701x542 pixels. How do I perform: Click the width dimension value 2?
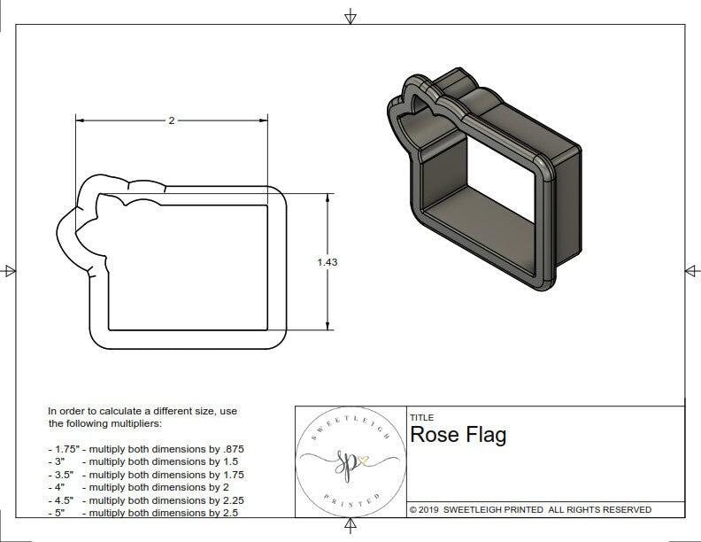pyautogui.click(x=171, y=120)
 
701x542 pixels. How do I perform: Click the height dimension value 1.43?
pyautogui.click(x=327, y=262)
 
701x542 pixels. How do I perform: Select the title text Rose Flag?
pyautogui.click(x=458, y=435)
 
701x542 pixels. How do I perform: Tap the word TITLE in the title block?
pyautogui.click(x=421, y=418)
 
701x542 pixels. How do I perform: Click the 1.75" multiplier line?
pyautogui.click(x=146, y=449)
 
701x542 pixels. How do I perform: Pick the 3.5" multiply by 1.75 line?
pyautogui.click(x=146, y=475)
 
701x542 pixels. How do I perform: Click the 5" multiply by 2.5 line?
pyautogui.click(x=143, y=513)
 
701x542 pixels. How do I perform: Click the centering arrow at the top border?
pyautogui.click(x=351, y=16)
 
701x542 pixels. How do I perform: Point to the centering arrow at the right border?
pyautogui.click(x=691, y=270)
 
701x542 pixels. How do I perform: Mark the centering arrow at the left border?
pyautogui.click(x=10, y=270)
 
